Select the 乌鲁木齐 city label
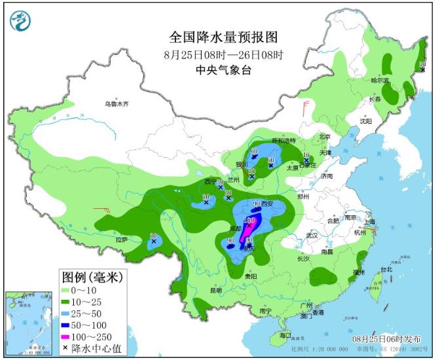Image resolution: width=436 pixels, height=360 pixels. click(x=118, y=103)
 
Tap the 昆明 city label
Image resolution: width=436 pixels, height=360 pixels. click(x=216, y=290)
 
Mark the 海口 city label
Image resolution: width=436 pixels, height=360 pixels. click(x=285, y=335)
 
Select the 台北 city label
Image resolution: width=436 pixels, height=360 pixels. click(x=386, y=269)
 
